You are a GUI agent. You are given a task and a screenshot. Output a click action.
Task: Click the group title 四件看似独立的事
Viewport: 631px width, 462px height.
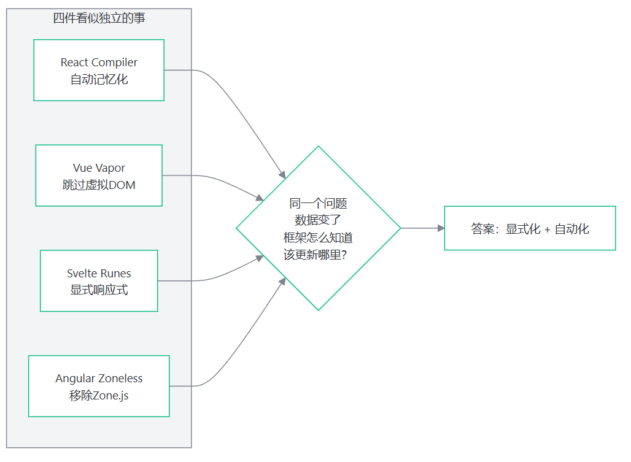(99, 18)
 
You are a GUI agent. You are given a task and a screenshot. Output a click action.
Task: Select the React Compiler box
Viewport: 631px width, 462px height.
(99, 71)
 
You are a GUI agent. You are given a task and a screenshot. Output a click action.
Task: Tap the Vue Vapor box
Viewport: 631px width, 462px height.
(99, 175)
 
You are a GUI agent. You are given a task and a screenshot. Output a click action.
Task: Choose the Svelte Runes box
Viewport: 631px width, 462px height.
(99, 280)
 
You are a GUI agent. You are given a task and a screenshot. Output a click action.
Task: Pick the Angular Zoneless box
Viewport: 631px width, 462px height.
(99, 386)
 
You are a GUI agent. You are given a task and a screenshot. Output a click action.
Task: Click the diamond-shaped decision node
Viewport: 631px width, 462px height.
(319, 228)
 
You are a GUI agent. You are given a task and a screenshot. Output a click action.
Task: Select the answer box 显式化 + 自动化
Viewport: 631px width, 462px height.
(530, 228)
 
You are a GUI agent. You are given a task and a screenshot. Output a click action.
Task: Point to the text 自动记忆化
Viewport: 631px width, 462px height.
(99, 80)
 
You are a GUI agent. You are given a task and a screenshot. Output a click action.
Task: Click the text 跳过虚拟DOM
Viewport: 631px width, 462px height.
(99, 185)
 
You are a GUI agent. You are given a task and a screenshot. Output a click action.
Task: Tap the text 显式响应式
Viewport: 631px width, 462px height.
(99, 290)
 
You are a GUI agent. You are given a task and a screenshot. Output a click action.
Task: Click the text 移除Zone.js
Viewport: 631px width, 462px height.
(99, 396)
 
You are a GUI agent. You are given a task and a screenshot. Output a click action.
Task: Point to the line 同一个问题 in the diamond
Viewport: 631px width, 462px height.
(319, 204)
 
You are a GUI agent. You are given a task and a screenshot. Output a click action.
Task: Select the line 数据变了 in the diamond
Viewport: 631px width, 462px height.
(319, 220)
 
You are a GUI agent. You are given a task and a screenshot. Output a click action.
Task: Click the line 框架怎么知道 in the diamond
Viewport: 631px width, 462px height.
(319, 237)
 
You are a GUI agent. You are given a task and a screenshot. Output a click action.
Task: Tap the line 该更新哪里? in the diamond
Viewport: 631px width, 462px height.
(315, 255)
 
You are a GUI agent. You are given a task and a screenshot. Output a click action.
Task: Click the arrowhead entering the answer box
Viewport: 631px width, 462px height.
(441, 228)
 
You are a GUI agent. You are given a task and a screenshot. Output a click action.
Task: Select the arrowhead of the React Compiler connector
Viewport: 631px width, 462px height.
(282, 174)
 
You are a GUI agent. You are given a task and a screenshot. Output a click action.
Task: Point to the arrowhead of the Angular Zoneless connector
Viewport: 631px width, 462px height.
(282, 282)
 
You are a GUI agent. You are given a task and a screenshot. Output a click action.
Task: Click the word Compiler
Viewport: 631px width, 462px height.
(114, 63)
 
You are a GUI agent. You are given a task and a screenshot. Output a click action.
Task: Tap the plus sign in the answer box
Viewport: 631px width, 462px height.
(548, 229)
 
